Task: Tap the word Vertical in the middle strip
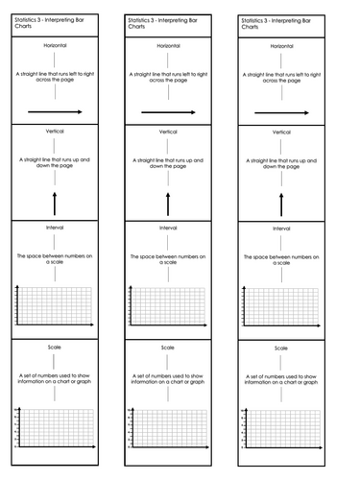(x=168, y=132)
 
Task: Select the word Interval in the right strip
(x=281, y=229)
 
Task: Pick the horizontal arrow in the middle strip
(x=168, y=112)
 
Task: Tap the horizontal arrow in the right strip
(x=281, y=113)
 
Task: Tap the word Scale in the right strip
(x=281, y=348)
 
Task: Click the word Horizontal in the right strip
(x=281, y=46)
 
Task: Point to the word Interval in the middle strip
(x=168, y=228)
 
